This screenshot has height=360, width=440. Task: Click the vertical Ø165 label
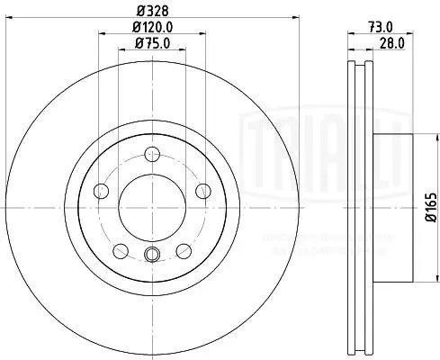coord(431,203)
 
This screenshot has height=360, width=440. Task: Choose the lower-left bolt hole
coord(118,249)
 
